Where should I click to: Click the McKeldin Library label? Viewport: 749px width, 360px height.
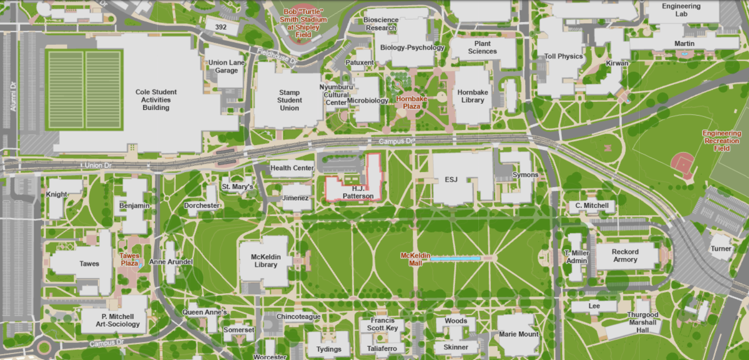click(266, 261)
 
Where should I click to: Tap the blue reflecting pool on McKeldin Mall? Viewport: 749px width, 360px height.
click(455, 259)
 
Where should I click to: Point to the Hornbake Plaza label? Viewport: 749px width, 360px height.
click(411, 102)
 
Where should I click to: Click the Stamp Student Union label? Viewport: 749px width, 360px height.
click(289, 100)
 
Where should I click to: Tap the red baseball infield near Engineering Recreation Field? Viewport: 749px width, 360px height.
click(683, 164)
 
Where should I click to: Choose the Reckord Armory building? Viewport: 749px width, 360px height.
click(625, 256)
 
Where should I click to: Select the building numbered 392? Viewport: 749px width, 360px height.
click(221, 27)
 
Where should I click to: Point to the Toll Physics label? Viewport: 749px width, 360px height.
click(564, 56)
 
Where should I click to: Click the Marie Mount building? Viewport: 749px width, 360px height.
click(519, 334)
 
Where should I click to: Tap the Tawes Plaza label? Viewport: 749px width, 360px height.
click(130, 260)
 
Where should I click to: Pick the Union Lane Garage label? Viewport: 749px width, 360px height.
click(226, 67)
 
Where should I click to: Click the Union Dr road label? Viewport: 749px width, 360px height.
click(98, 165)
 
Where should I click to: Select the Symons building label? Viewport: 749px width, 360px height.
click(525, 175)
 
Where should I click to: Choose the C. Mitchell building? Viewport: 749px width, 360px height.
click(592, 205)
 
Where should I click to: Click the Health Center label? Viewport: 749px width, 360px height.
click(292, 168)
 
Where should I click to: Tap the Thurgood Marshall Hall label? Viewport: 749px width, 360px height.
click(643, 322)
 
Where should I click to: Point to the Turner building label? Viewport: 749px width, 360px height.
click(721, 249)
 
